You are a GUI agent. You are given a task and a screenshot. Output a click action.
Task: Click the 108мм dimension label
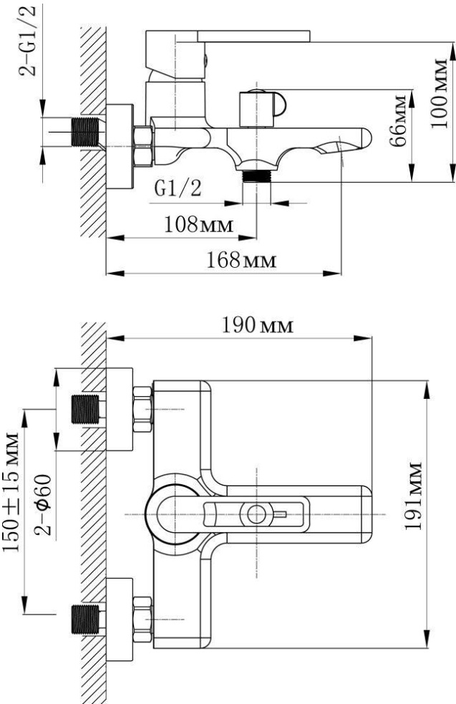[x=199, y=224]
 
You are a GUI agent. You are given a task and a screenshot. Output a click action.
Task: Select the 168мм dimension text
[x=241, y=260]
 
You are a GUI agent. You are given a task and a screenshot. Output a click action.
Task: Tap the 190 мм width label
[x=258, y=325]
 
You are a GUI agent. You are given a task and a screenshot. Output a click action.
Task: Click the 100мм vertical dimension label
[x=440, y=93]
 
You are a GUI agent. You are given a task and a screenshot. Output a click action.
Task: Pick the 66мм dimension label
[x=398, y=121]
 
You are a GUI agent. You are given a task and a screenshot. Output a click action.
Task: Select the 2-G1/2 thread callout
[x=27, y=40]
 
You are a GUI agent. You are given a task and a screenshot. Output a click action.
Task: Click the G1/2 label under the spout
[x=178, y=189]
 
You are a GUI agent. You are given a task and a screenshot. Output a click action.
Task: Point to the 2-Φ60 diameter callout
[x=43, y=505]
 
